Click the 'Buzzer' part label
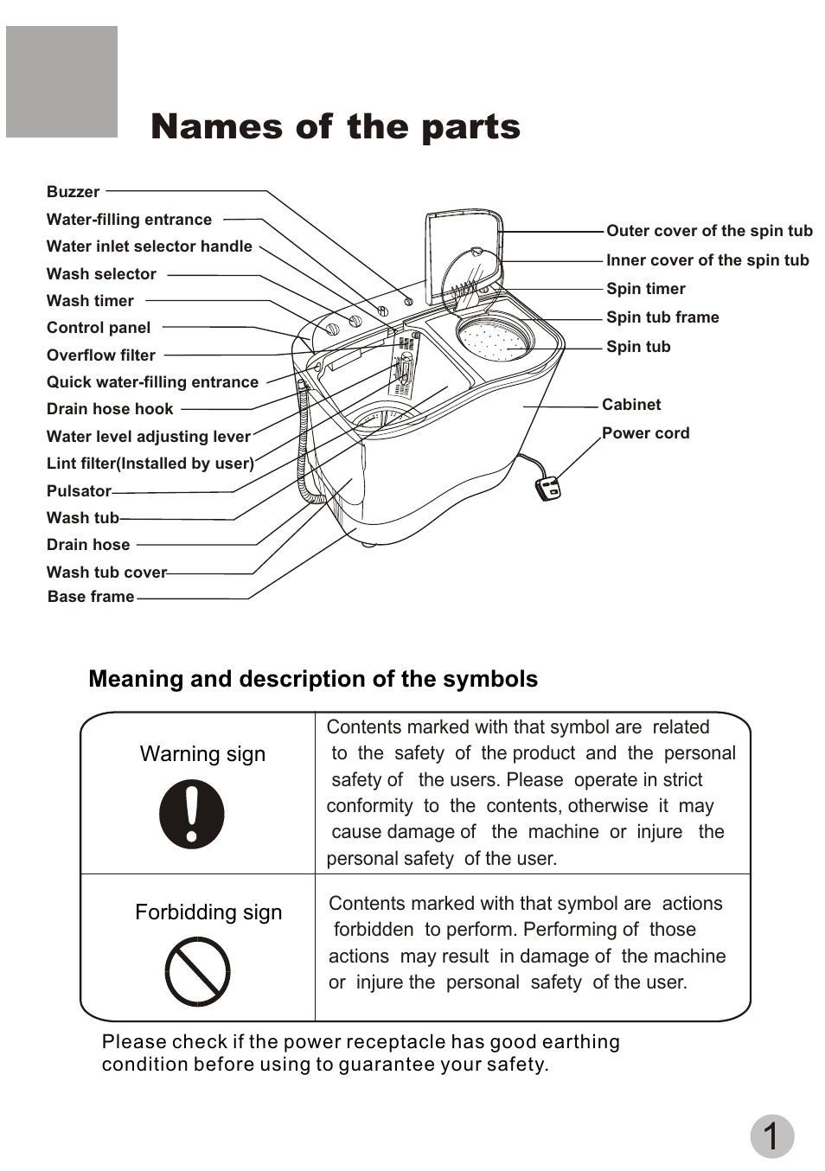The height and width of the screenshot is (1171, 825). pyautogui.click(x=74, y=192)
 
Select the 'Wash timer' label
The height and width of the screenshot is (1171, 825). pyautogui.click(x=90, y=301)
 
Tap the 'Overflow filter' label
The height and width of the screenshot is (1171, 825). pyautogui.click(x=101, y=355)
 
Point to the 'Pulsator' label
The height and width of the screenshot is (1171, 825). pyautogui.click(x=79, y=491)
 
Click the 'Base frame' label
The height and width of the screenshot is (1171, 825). pyautogui.click(x=91, y=597)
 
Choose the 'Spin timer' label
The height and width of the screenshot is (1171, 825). pyautogui.click(x=646, y=289)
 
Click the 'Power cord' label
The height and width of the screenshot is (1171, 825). pyautogui.click(x=646, y=433)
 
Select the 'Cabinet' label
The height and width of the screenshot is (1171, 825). pyautogui.click(x=631, y=405)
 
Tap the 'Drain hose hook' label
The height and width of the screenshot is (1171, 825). pyautogui.click(x=110, y=409)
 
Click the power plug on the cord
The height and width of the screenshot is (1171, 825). pyautogui.click(x=548, y=489)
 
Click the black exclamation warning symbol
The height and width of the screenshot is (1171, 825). pyautogui.click(x=192, y=815)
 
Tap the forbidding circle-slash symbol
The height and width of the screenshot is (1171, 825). pyautogui.click(x=197, y=972)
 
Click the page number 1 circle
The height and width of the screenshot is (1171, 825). pyautogui.click(x=771, y=1136)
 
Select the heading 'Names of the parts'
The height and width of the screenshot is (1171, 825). pyautogui.click(x=336, y=127)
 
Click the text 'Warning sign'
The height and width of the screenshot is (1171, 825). pyautogui.click(x=202, y=754)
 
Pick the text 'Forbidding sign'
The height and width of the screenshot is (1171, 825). pyautogui.click(x=208, y=912)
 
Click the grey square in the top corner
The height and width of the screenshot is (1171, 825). pyautogui.click(x=61, y=81)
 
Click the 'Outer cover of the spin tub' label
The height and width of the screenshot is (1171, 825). pyautogui.click(x=709, y=231)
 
